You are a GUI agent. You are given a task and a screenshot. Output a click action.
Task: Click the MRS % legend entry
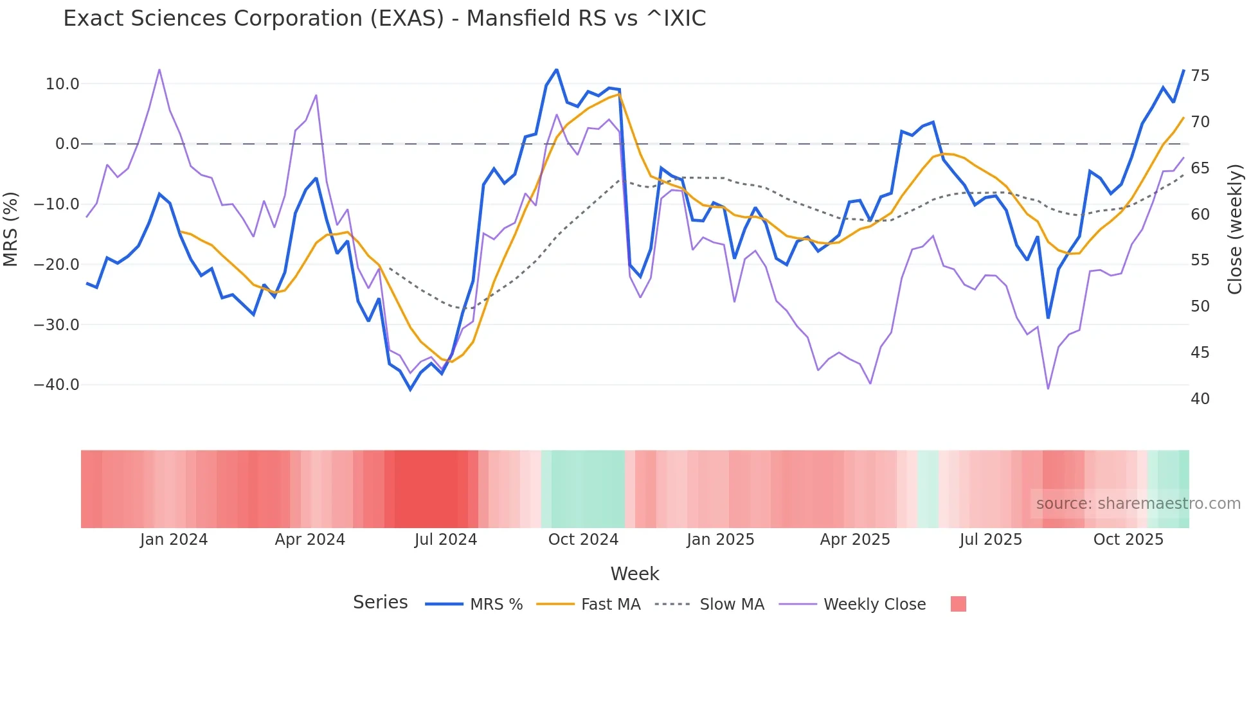pos(496,605)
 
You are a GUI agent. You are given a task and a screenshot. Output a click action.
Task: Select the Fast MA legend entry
pos(610,605)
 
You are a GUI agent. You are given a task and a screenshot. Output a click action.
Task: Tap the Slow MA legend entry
pos(732,605)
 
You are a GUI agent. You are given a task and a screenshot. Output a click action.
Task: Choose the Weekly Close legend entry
pos(874,605)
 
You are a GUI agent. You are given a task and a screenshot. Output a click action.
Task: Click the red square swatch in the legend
pos(958,604)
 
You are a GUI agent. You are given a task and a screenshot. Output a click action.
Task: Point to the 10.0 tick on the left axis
pos(62,84)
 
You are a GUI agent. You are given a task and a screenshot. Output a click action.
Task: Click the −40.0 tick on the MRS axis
pos(57,385)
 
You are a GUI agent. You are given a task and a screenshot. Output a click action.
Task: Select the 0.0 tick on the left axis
pos(67,144)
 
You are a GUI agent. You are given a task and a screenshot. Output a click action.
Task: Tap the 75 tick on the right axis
pos(1200,76)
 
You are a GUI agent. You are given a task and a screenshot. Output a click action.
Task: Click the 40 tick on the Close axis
pos(1200,399)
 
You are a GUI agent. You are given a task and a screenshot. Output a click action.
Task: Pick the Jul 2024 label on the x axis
pos(446,540)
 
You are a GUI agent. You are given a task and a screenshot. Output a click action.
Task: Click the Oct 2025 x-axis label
pos(1128,540)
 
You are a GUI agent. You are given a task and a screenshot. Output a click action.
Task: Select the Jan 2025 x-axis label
pos(720,540)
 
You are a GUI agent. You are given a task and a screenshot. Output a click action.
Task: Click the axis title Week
pos(634,574)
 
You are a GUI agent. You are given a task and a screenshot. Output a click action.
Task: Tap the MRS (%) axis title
pos(11,229)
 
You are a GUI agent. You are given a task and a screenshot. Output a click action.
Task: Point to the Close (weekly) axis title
pos(1235,229)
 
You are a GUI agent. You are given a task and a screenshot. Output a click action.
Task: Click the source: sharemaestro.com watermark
pos(1138,504)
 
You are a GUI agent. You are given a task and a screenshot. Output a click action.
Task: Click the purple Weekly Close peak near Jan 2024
pos(159,69)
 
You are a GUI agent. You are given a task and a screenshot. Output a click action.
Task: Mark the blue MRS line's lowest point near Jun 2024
pos(411,389)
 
